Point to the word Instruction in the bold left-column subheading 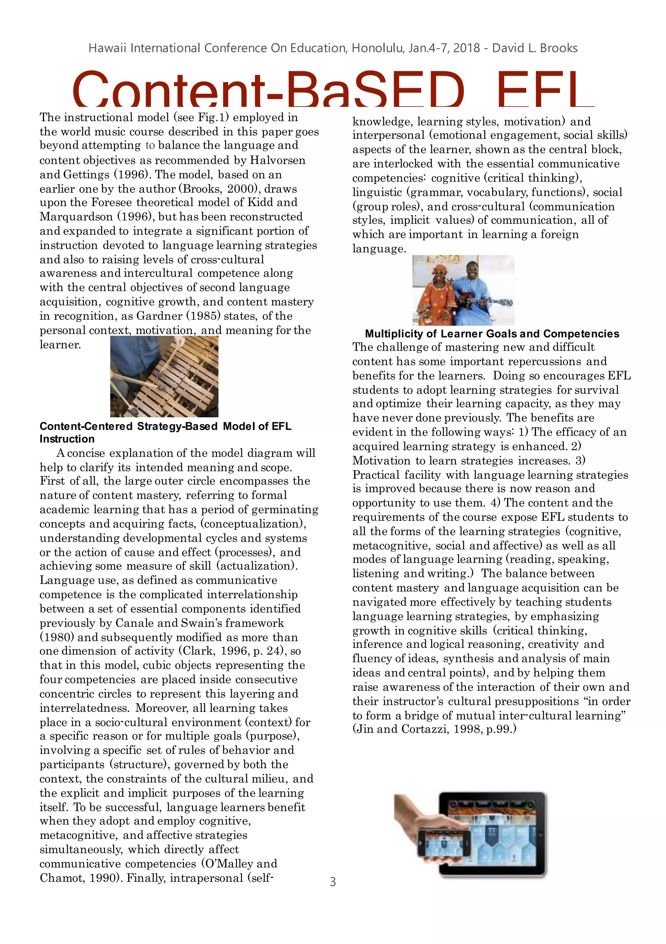pyautogui.click(x=67, y=439)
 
